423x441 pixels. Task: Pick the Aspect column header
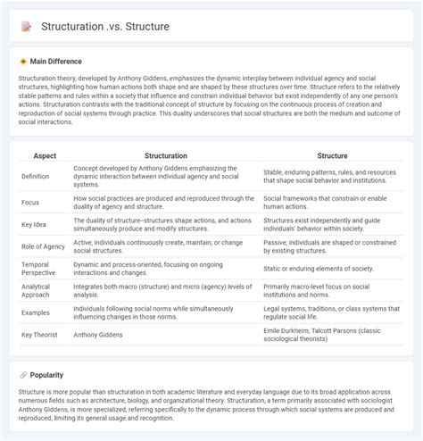[45, 155]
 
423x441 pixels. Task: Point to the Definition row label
[36, 177]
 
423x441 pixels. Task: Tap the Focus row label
[30, 203]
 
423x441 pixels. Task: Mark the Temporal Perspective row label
[39, 267]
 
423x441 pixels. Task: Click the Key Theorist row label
[41, 335]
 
